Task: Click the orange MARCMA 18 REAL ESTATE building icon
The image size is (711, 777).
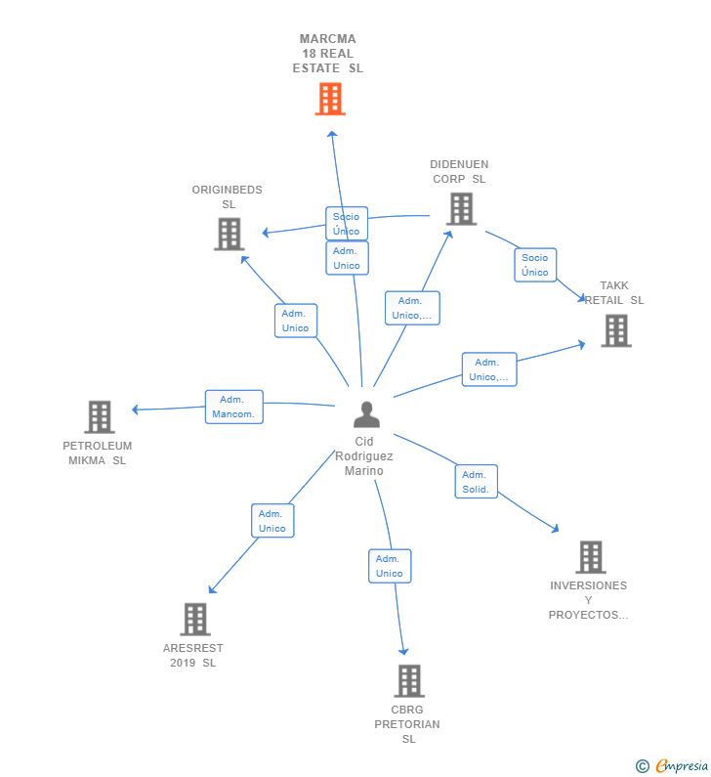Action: coord(330,99)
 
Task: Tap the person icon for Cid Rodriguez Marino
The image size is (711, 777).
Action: coord(366,414)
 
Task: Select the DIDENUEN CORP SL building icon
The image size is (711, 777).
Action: coord(461,209)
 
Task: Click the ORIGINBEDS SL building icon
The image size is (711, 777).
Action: coord(230,234)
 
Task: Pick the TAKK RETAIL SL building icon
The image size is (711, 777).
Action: coord(616,330)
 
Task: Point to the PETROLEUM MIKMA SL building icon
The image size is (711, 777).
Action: coord(100,416)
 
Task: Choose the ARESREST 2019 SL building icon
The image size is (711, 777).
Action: coord(195,619)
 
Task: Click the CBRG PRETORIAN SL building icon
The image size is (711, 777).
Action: coord(409,681)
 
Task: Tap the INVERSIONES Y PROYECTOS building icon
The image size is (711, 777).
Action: coord(591,557)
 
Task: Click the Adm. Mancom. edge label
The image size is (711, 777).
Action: coord(234,407)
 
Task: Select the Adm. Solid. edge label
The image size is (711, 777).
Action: coord(477,482)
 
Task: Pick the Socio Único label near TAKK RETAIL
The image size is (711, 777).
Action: coord(535,265)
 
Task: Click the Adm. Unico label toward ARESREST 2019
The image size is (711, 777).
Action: coord(272,521)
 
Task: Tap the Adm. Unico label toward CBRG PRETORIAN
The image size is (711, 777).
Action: coord(390,566)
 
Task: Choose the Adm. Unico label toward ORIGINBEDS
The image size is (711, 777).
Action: coord(296,321)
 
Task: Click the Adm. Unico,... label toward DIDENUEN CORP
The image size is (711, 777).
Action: coord(412,308)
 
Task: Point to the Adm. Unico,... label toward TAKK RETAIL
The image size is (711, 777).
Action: coord(489,369)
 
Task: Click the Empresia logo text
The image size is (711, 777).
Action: coord(683,765)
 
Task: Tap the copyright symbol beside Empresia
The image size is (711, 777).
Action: coord(643,766)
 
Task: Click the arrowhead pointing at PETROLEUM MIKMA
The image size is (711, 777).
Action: coord(135,410)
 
